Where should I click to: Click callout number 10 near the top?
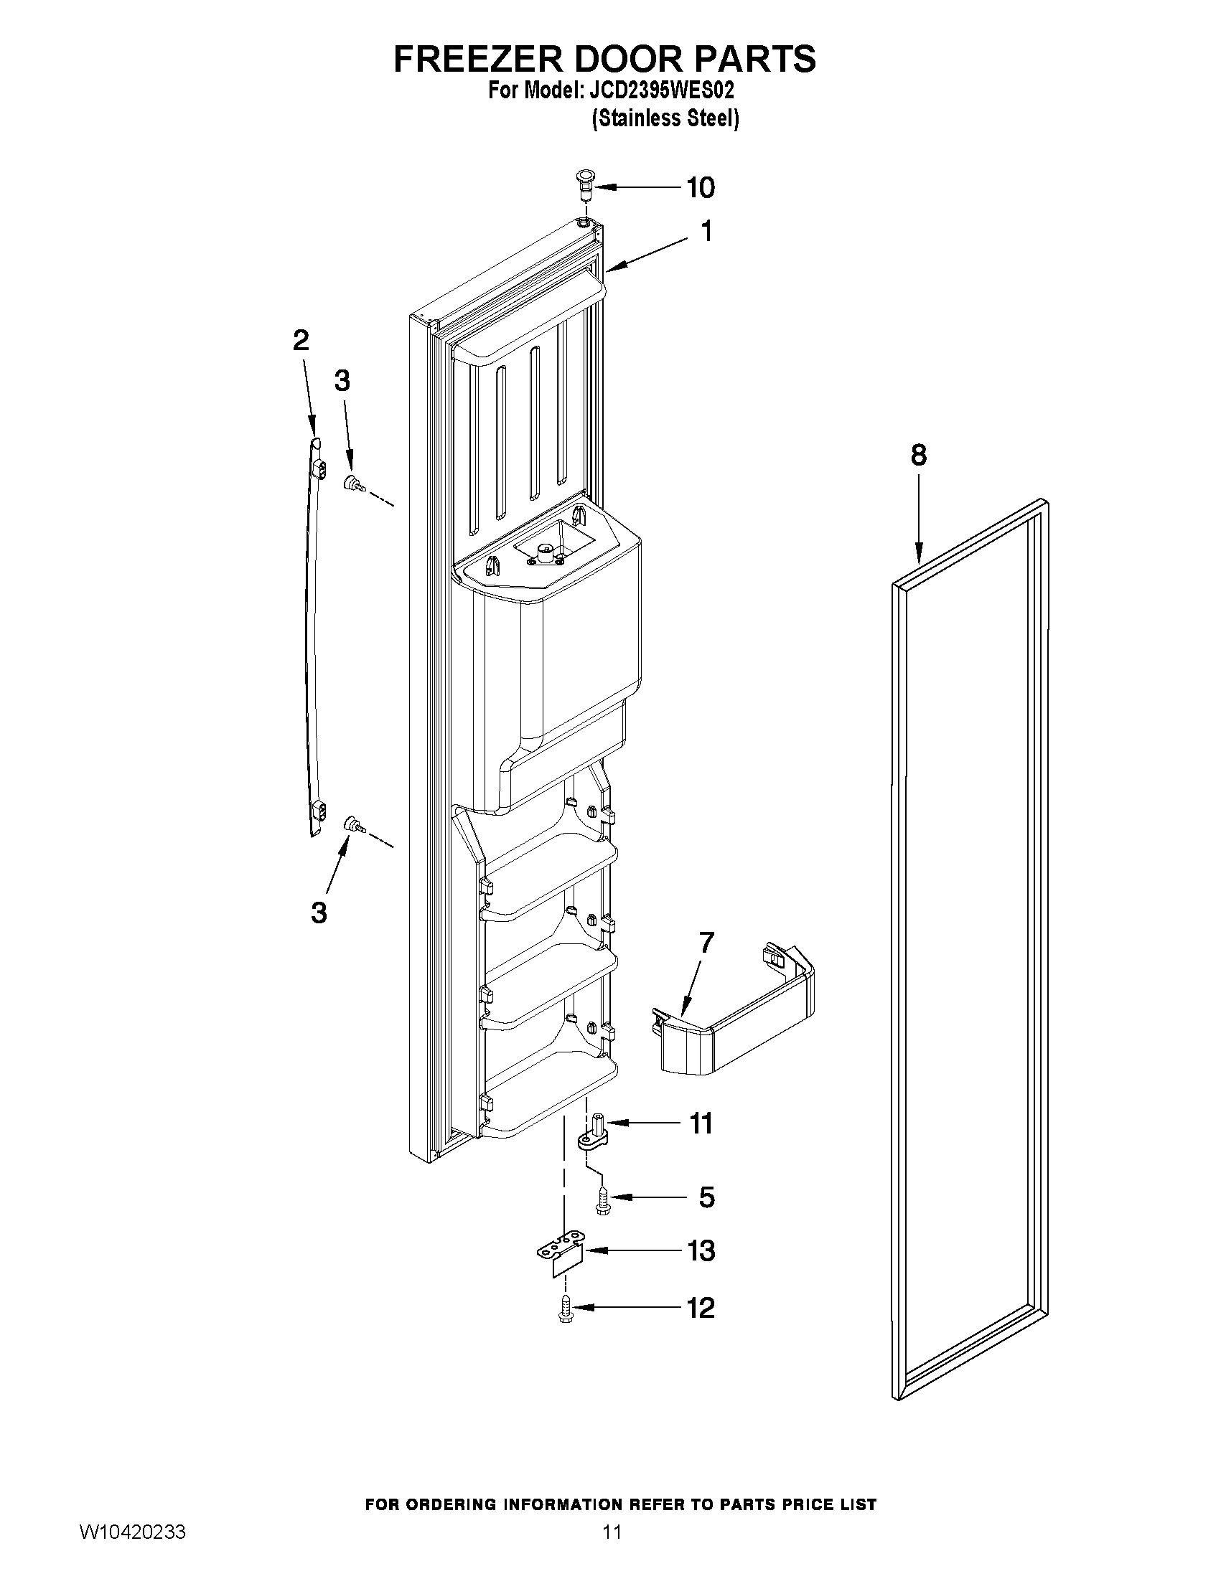point(699,187)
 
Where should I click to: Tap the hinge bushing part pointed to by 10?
point(584,186)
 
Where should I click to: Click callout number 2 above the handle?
point(301,341)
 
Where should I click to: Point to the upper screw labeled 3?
point(353,483)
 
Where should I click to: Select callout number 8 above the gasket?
point(918,456)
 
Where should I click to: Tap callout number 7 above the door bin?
point(706,942)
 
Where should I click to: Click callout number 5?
point(706,1197)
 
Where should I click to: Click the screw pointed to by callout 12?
point(566,1309)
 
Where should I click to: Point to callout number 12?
point(699,1308)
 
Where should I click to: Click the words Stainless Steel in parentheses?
point(665,118)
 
